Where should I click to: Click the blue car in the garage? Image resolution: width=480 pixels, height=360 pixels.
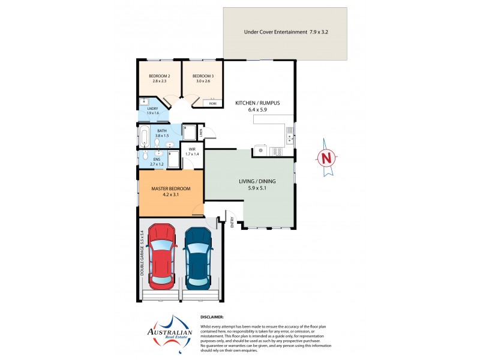[199, 256]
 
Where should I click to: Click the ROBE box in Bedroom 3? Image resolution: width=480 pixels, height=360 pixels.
[213, 104]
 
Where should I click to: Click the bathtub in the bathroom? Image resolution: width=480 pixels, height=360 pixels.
[144, 137]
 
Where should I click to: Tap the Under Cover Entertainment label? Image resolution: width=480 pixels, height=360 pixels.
[284, 31]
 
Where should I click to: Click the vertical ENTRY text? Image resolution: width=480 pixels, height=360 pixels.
[232, 222]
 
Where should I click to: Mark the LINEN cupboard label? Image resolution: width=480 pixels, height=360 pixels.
[201, 133]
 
